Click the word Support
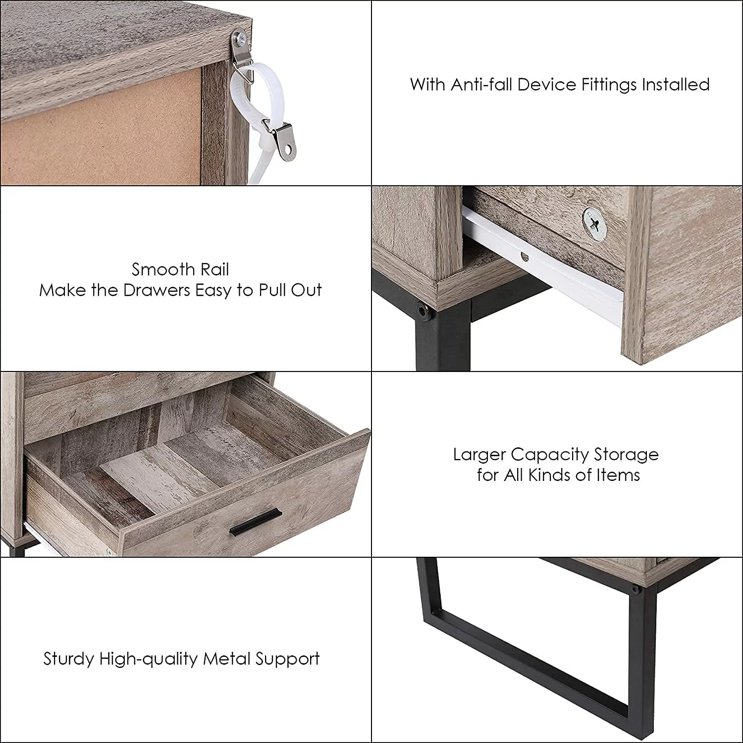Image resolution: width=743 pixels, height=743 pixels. click(287, 660)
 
